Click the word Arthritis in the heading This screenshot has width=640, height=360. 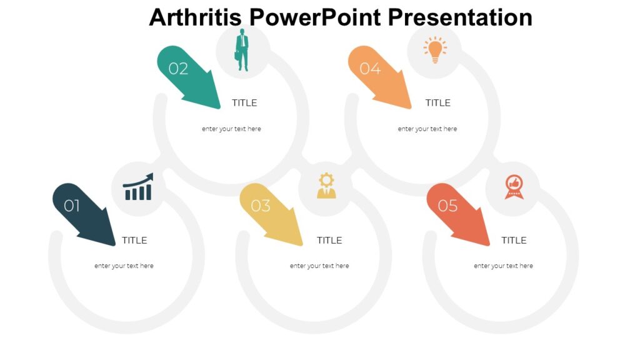point(194,17)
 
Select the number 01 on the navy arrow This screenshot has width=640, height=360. point(72,206)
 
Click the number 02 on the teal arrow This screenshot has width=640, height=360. point(178,69)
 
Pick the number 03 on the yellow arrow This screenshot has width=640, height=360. point(261,206)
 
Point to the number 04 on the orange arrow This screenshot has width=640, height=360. point(370,69)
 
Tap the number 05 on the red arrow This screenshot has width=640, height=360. point(447,206)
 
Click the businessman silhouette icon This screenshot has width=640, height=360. point(242,51)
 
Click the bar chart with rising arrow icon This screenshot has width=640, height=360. point(138,187)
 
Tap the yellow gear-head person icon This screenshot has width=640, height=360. point(326,186)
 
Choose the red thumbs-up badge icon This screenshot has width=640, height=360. point(514,187)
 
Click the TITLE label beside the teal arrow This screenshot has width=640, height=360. point(244,102)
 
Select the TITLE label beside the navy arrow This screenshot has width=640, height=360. point(134,240)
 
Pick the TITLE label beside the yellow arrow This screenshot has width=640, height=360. point(329,240)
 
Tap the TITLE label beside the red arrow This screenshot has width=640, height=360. point(514,240)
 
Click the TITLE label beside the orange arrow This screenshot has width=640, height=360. point(437,102)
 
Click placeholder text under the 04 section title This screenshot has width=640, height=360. point(427,129)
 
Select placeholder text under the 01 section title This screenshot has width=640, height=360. point(124,266)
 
